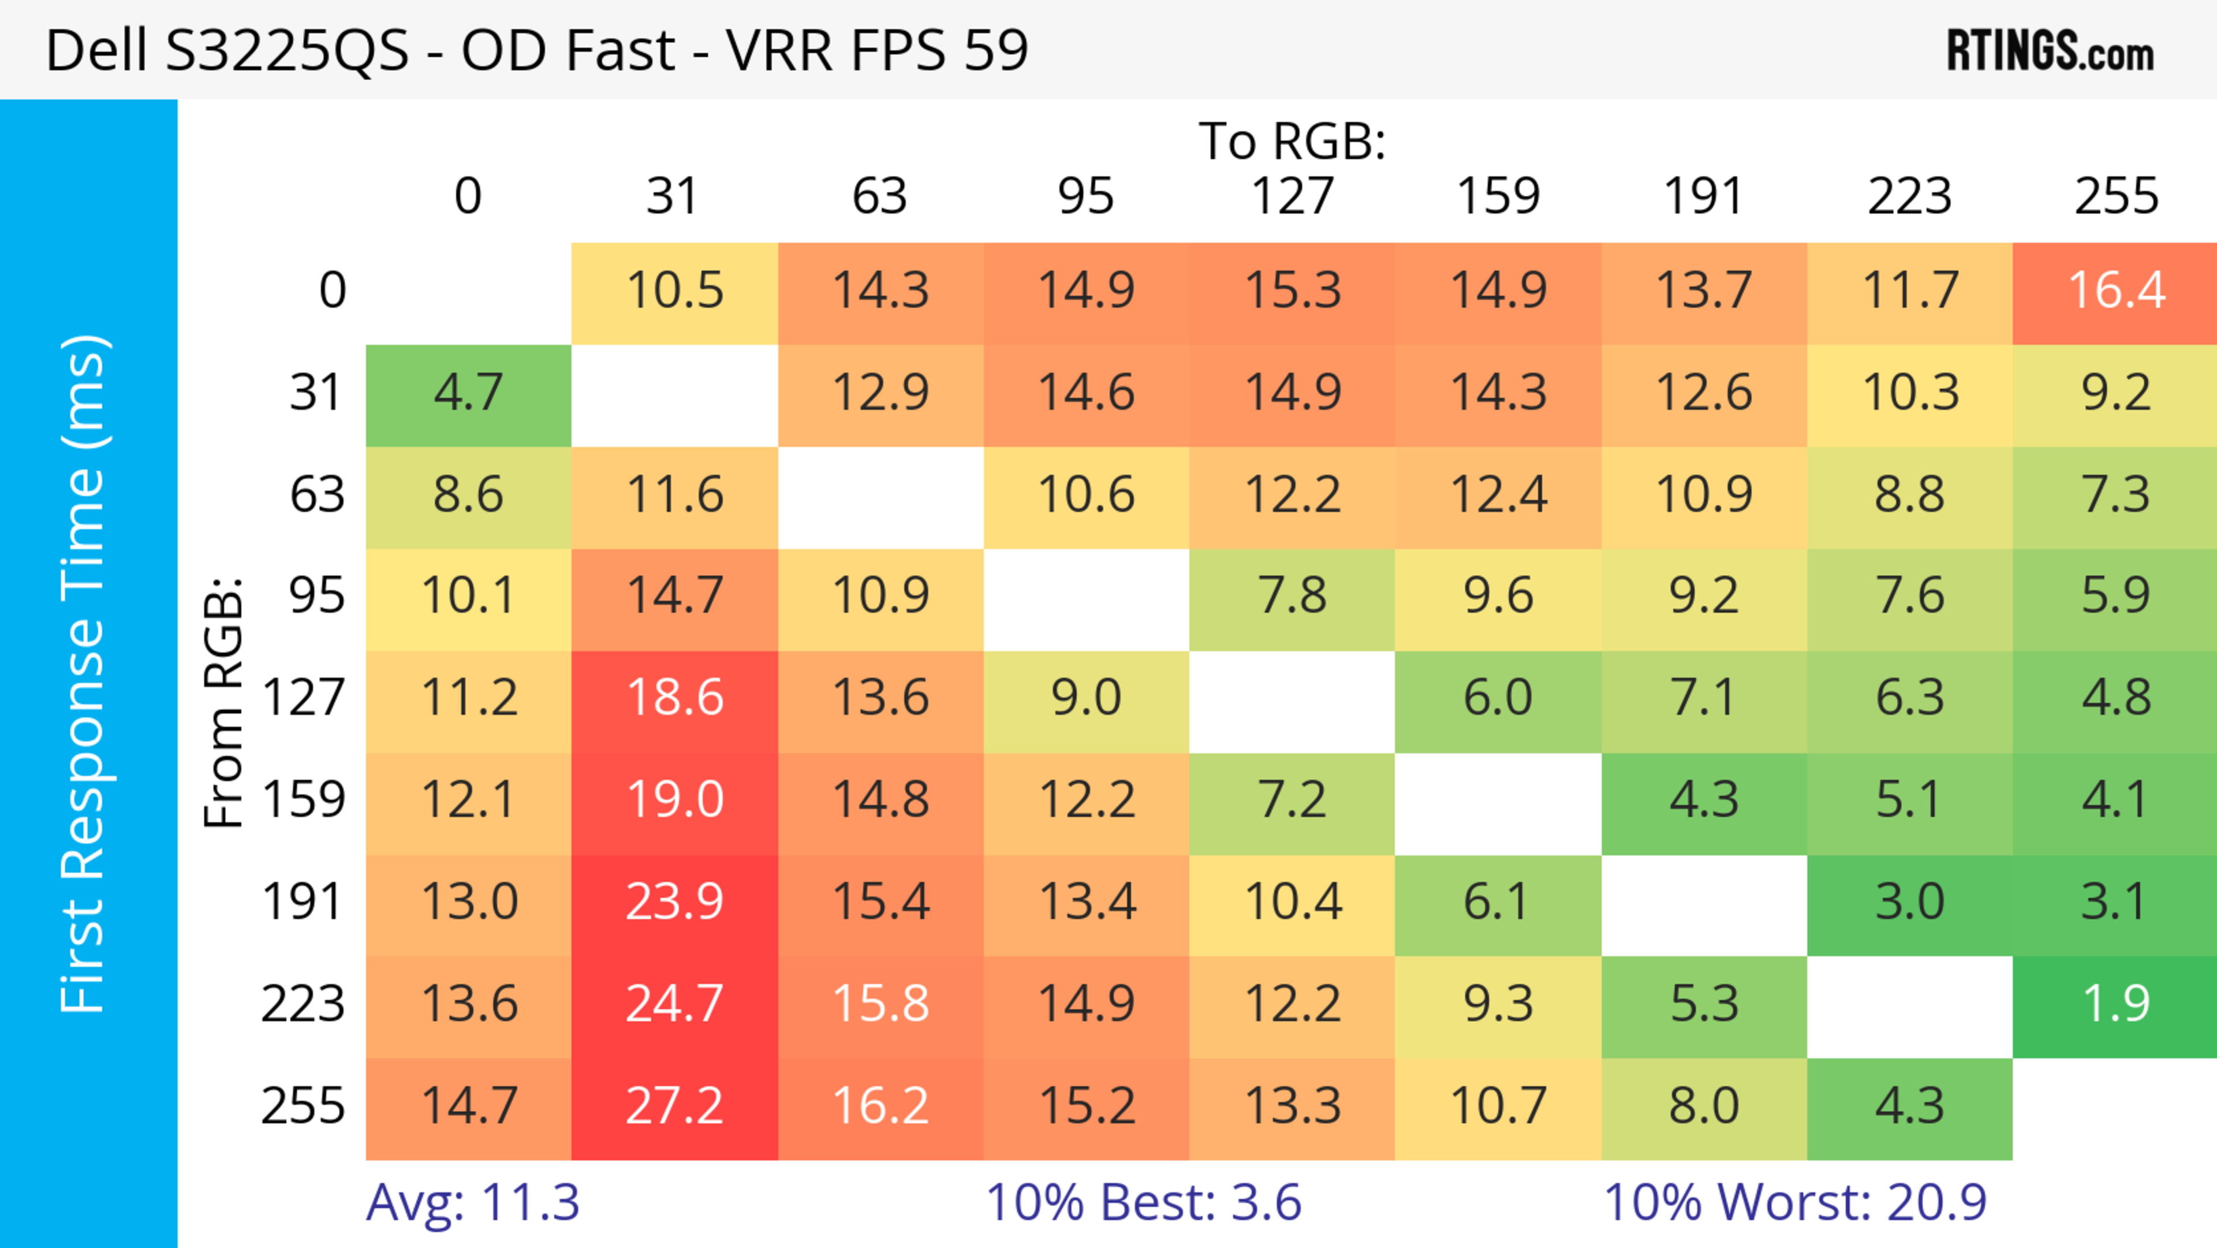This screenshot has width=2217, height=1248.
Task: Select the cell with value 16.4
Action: click(x=2115, y=291)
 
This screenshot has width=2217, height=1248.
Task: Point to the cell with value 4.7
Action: click(x=468, y=393)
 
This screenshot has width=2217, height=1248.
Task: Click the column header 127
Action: click(x=1292, y=196)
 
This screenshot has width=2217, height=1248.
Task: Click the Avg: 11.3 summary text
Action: click(x=472, y=1202)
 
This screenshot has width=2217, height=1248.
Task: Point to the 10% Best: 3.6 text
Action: click(x=1143, y=1202)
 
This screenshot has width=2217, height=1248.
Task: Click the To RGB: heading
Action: click(x=1292, y=141)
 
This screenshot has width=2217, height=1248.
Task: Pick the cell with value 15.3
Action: click(x=1292, y=291)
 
